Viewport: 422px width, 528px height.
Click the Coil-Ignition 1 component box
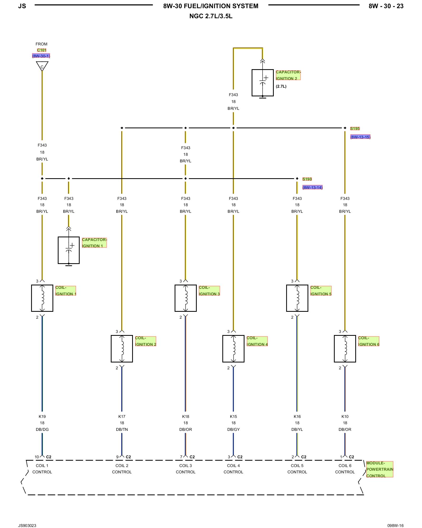pyautogui.click(x=42, y=298)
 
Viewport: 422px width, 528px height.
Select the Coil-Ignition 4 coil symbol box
pyautogui.click(x=233, y=348)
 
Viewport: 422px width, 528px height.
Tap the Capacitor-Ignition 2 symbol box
pyautogui.click(x=262, y=83)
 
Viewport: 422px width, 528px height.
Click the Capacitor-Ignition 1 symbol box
pyautogui.click(x=69, y=250)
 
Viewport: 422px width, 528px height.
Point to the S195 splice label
pyautogui.click(x=355, y=129)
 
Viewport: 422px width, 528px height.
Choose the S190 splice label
pyautogui.click(x=307, y=179)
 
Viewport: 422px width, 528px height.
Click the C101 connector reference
pyautogui.click(x=42, y=50)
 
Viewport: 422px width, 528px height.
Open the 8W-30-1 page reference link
pyautogui.click(x=41, y=56)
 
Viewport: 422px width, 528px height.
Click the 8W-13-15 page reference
pyautogui.click(x=360, y=137)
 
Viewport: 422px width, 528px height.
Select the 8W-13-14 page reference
pyautogui.click(x=313, y=187)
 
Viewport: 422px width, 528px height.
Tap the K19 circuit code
pyautogui.click(x=42, y=416)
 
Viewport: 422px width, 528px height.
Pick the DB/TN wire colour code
pyautogui.click(x=122, y=429)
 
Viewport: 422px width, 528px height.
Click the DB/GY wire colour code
pyautogui.click(x=233, y=429)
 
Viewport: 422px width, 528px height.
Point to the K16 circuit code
pyautogui.click(x=297, y=416)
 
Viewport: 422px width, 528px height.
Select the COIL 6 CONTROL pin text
pyautogui.click(x=345, y=469)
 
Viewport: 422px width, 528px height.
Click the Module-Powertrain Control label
pyautogui.click(x=380, y=469)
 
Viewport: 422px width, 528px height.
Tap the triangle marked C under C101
pyautogui.click(x=42, y=66)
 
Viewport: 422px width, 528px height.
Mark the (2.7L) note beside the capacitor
pyautogui.click(x=281, y=86)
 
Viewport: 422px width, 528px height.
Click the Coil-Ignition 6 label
pyautogui.click(x=368, y=341)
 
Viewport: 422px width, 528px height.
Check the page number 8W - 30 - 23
pyautogui.click(x=386, y=6)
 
